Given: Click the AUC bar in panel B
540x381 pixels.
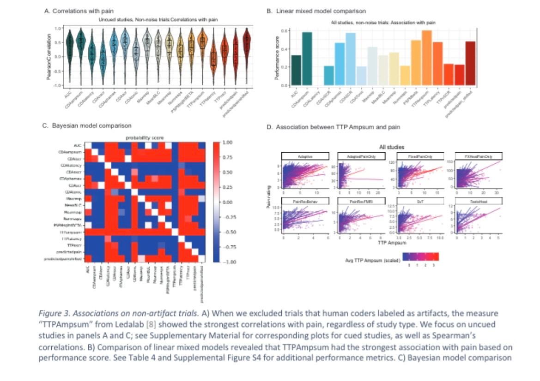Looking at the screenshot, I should click(x=296, y=70).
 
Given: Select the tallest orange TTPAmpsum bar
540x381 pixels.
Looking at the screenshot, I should click(x=427, y=58).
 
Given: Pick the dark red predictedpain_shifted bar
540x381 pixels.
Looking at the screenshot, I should click(x=470, y=63).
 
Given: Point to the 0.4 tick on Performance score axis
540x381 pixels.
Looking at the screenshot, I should click(x=286, y=49).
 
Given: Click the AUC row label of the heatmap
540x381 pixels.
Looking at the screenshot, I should click(x=78, y=144).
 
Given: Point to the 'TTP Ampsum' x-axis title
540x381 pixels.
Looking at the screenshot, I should click(x=392, y=242).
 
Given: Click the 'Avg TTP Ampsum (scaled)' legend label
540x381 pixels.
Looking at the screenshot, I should click(x=372, y=261).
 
